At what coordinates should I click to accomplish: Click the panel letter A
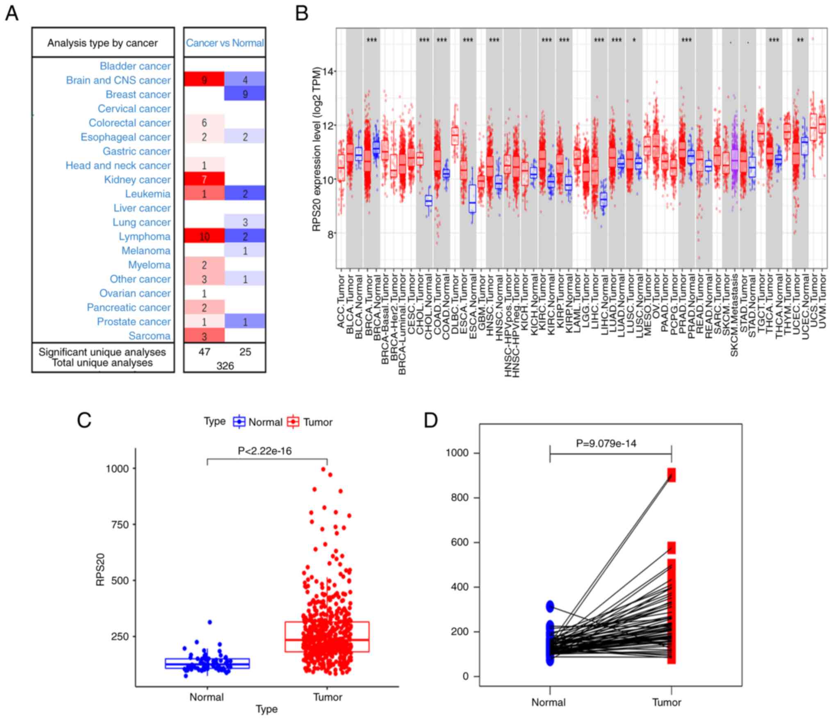[12, 14]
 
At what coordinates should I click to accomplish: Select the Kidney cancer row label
[137, 179]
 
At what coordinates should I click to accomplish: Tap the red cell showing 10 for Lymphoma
[204, 236]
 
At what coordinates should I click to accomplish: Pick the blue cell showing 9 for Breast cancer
[245, 94]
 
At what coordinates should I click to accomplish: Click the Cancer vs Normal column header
[225, 43]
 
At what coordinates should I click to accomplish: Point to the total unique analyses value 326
[225, 366]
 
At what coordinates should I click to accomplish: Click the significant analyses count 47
[204, 352]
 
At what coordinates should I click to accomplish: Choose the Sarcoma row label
[149, 336]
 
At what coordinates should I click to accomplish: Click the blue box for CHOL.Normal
[428, 201]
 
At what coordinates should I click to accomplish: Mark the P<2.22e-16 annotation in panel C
[265, 451]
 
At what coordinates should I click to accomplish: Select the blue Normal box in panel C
[207, 663]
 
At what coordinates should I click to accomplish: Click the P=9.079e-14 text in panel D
[606, 443]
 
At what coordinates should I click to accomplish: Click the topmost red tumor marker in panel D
[671, 475]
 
